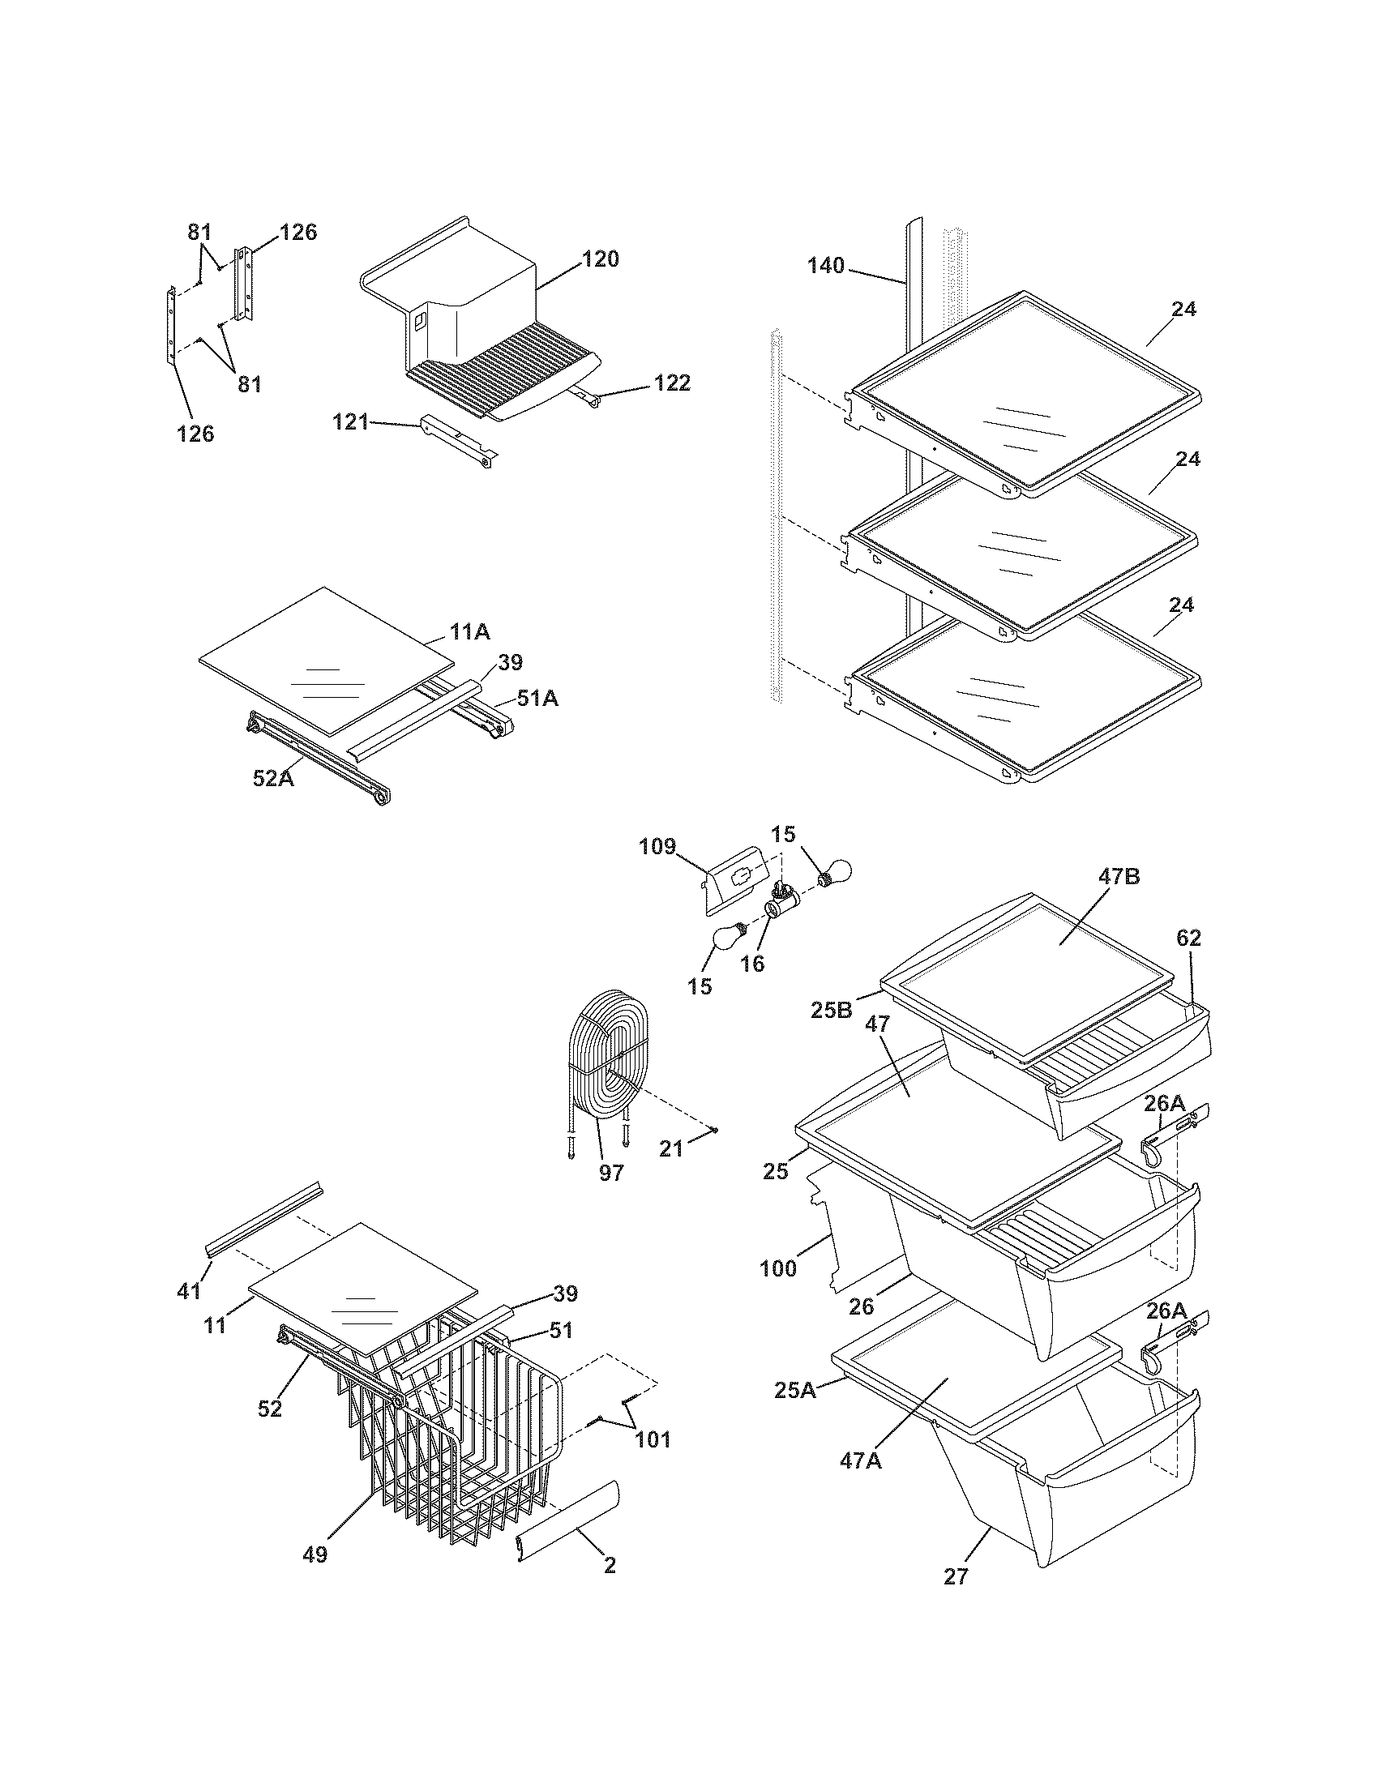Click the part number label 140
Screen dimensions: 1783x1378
coord(825,266)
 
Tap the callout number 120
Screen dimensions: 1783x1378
coord(600,259)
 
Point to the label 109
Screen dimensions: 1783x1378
coord(657,847)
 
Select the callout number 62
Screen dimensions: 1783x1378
coord(1188,939)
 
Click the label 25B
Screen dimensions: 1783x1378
coord(832,1010)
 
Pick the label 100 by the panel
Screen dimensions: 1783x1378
coord(778,1269)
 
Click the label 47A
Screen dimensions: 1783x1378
coord(861,1460)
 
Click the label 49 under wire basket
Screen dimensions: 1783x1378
coord(315,1555)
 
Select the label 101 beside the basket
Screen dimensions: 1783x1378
coord(653,1439)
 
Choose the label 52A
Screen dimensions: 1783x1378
coord(272,779)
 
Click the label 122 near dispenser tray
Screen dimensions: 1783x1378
coord(672,383)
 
